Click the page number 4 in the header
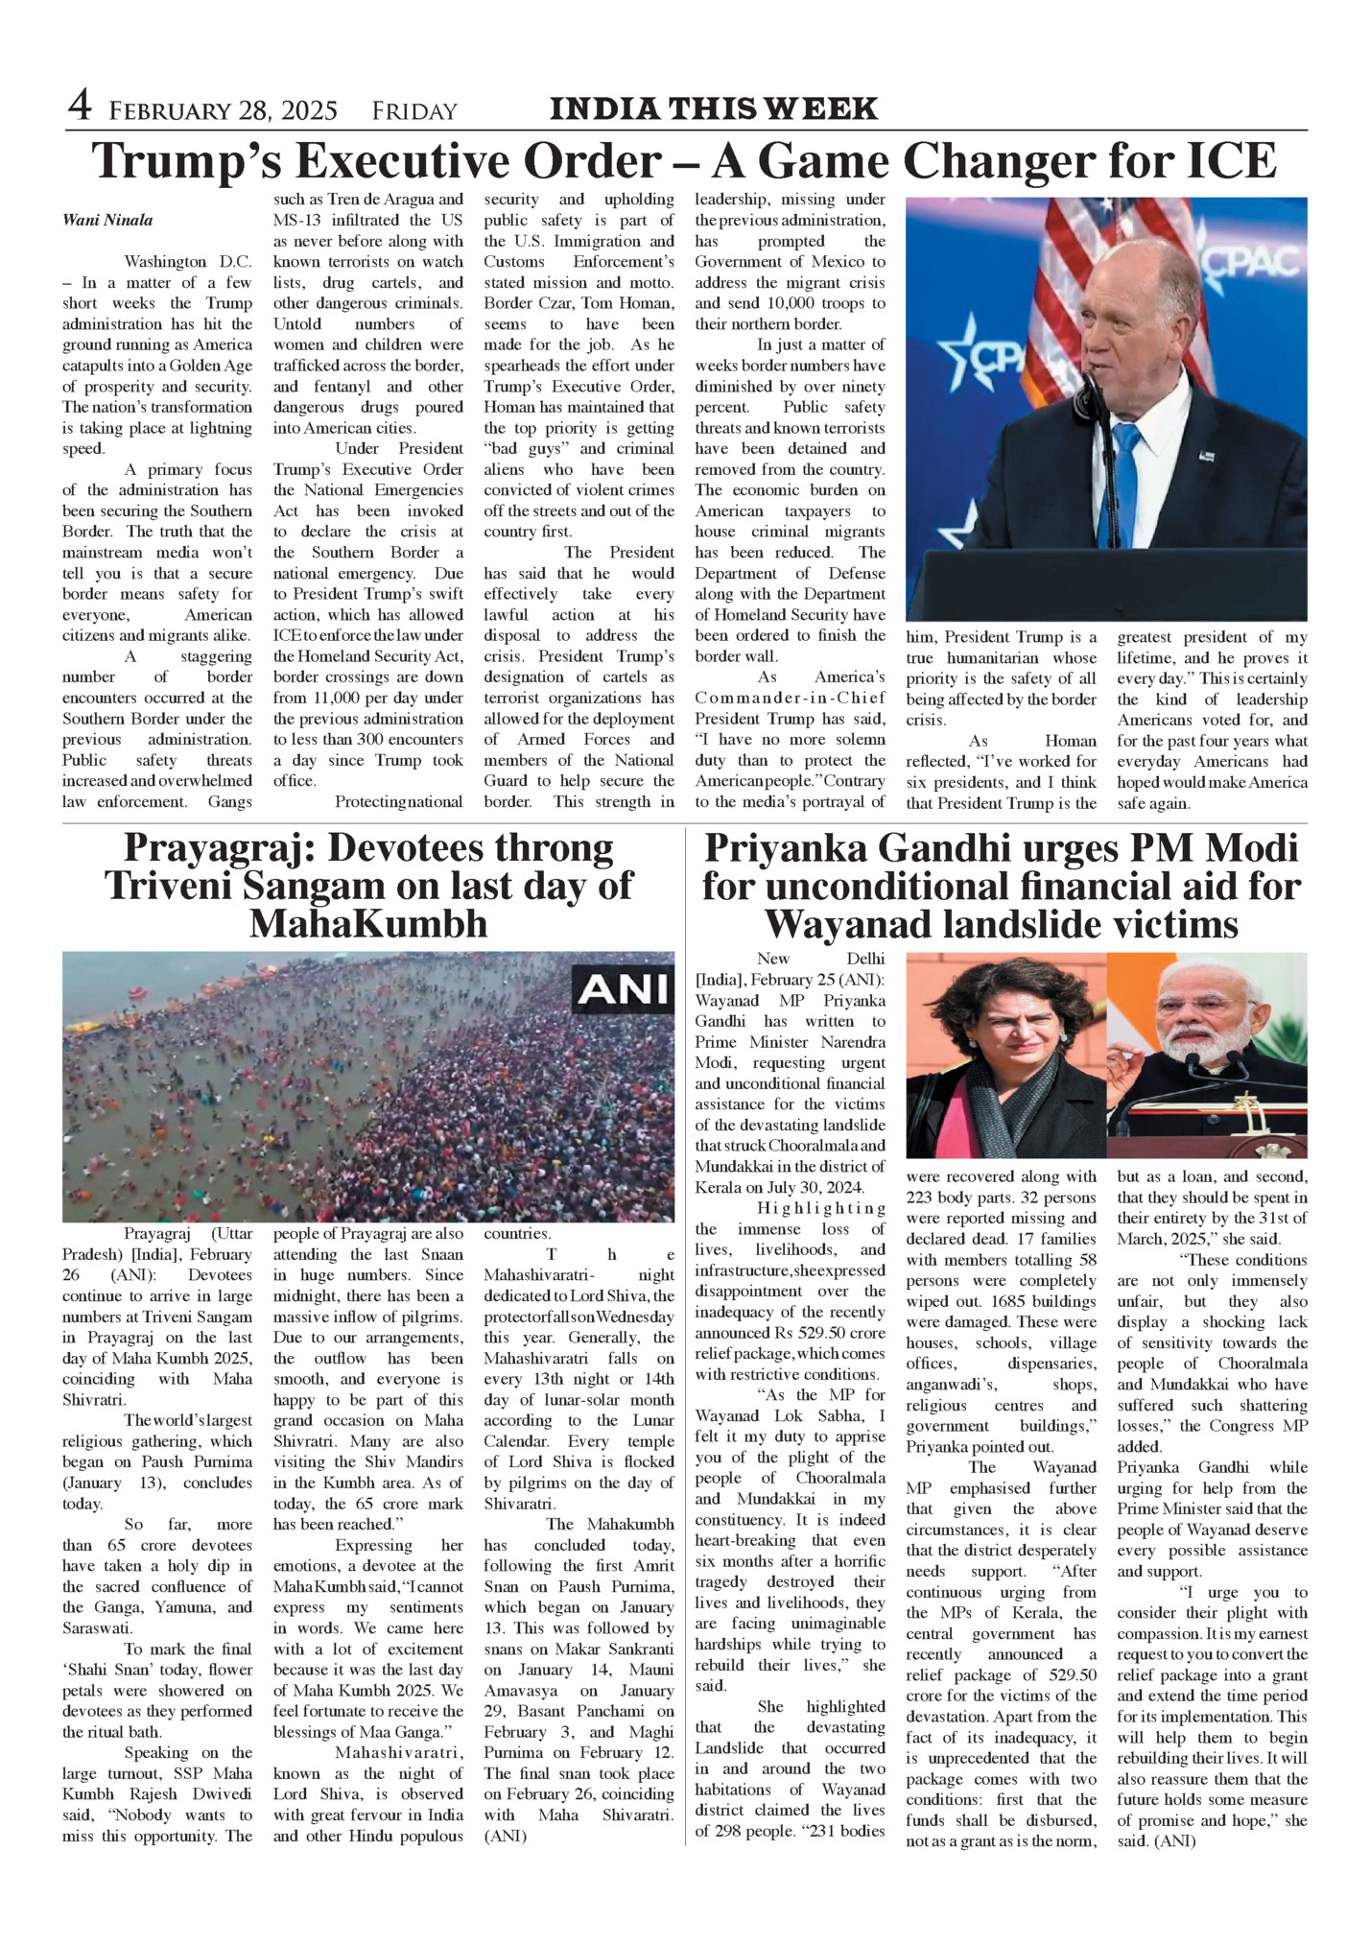click(80, 107)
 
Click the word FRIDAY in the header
click(414, 111)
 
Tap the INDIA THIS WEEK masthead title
click(713, 108)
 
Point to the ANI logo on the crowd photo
click(623, 988)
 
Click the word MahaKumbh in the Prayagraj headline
click(368, 924)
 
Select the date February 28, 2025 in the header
click(223, 111)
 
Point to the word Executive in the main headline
click(440, 160)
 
